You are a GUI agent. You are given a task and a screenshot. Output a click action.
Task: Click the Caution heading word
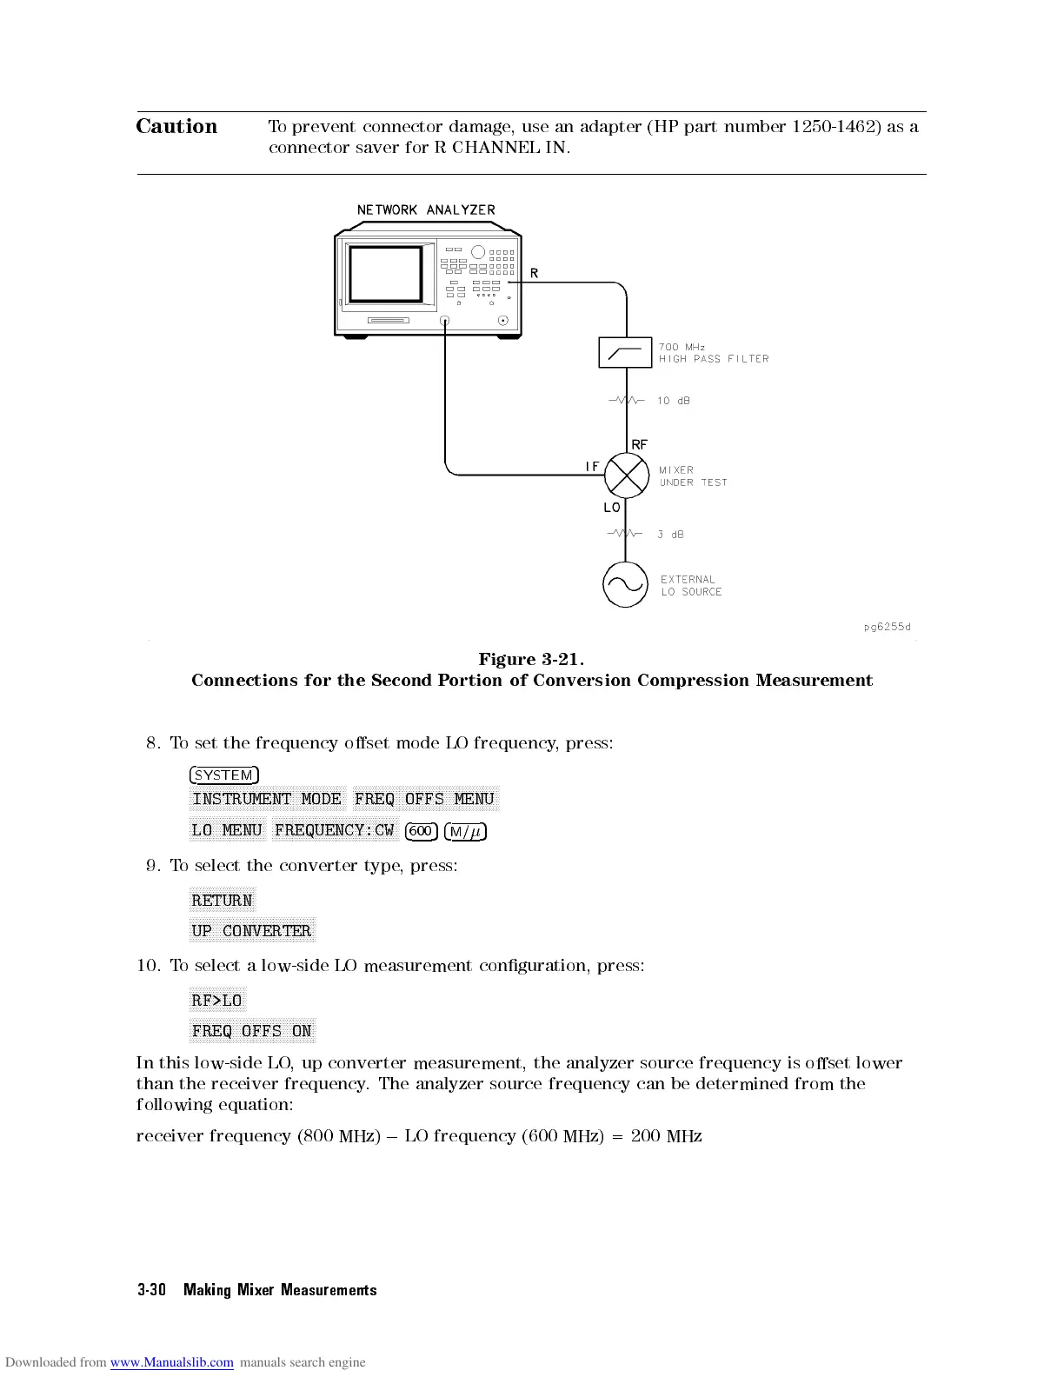[176, 127]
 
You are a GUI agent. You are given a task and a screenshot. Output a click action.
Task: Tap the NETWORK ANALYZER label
[426, 210]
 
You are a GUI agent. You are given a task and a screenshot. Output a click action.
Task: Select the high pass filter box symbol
[625, 352]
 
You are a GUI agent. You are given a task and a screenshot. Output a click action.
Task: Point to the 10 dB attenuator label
[674, 401]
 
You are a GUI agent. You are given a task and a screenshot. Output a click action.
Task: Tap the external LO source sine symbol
[625, 585]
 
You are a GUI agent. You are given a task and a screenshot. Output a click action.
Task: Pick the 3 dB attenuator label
[670, 535]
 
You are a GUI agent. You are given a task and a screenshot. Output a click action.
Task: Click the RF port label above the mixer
[639, 444]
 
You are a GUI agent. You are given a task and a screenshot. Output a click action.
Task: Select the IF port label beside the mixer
[592, 467]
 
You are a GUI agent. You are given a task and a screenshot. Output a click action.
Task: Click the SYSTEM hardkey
[224, 775]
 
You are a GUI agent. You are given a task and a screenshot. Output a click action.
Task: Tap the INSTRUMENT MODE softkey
[267, 799]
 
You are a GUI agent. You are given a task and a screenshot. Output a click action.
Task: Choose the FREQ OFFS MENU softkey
[425, 799]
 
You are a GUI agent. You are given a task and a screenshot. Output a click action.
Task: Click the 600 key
[421, 831]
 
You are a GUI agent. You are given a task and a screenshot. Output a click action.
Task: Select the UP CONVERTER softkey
[251, 931]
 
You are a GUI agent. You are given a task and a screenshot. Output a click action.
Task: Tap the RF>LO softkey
[217, 1001]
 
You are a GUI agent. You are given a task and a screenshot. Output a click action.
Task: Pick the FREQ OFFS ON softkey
[251, 1031]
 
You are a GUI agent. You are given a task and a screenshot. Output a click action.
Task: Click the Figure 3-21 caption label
[531, 659]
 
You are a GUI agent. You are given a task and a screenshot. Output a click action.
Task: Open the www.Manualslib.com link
[171, 1362]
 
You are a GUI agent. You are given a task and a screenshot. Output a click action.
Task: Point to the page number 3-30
[151, 1290]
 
